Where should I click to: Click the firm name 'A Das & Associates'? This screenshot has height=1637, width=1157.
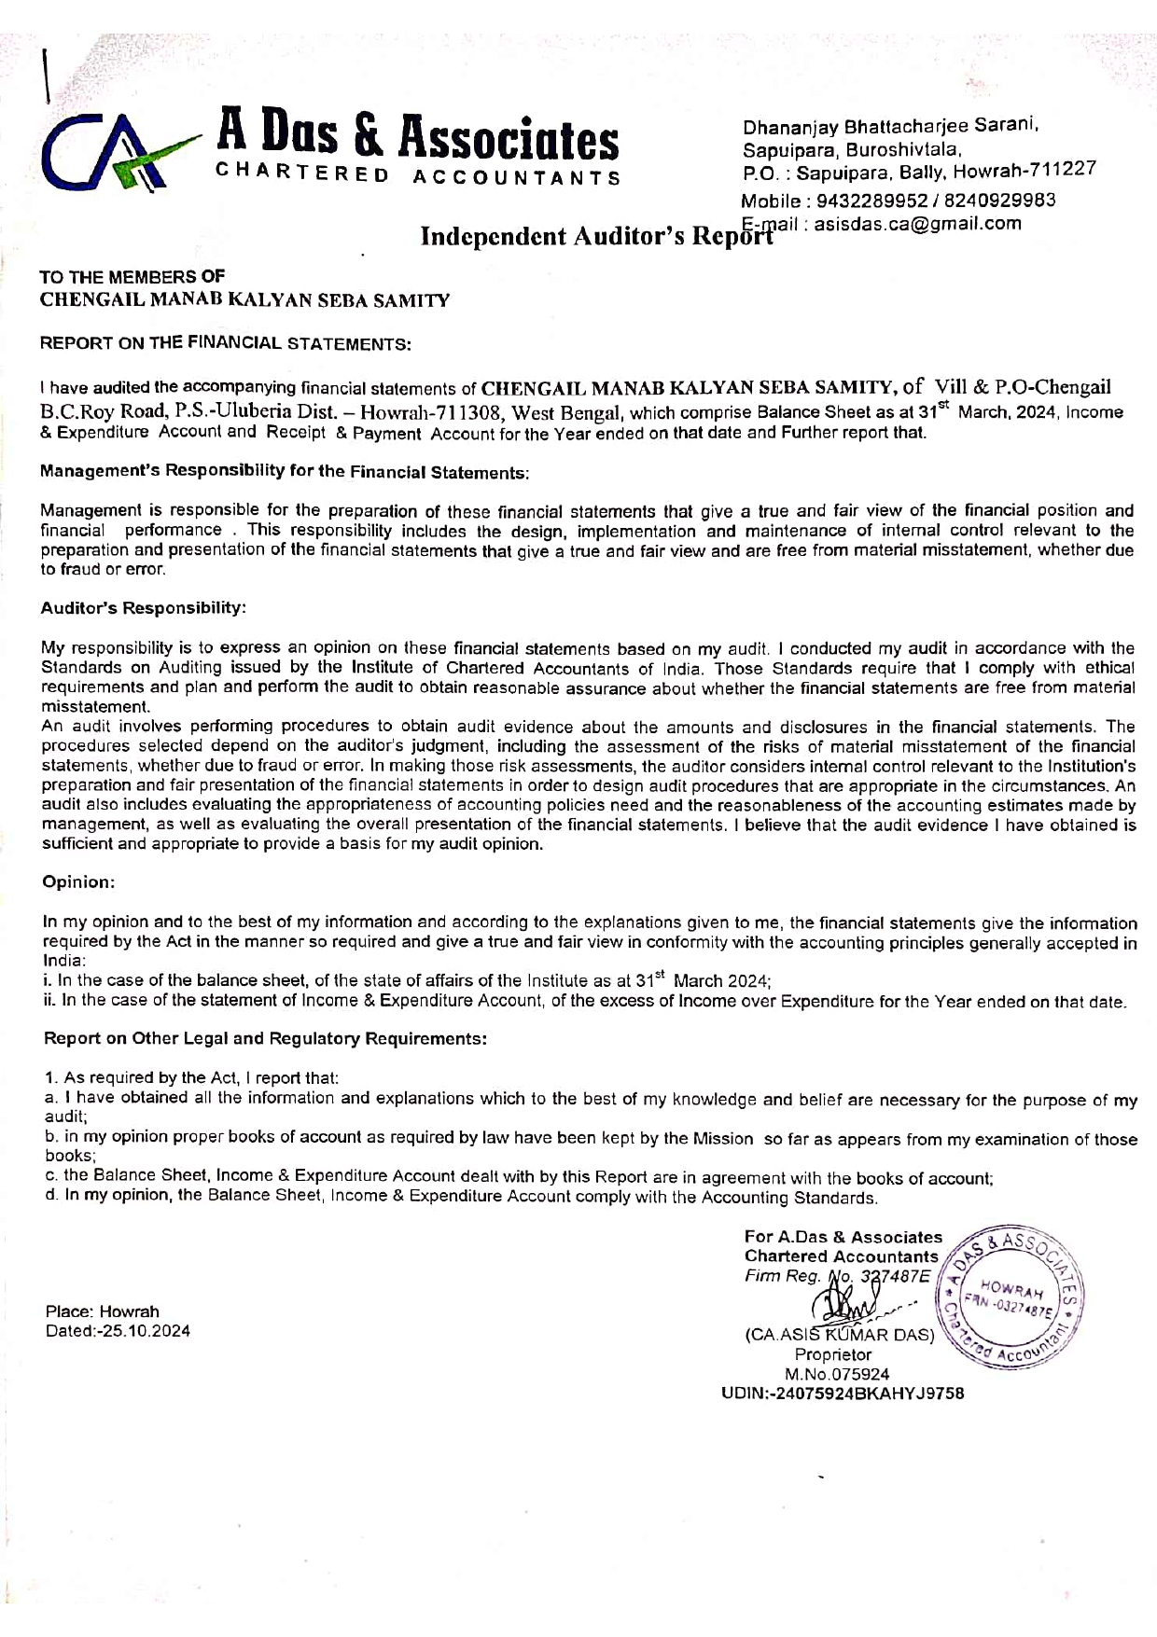click(417, 137)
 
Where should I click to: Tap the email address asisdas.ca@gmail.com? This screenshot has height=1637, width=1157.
click(918, 224)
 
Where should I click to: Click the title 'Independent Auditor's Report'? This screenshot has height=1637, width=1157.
click(597, 236)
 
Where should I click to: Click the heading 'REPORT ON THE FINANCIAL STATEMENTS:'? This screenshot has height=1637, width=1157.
click(225, 343)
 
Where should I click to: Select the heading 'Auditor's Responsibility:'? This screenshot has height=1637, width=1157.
click(144, 608)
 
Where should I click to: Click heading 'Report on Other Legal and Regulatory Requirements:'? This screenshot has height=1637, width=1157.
click(266, 1038)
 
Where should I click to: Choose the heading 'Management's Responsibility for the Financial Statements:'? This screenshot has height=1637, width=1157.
click(285, 471)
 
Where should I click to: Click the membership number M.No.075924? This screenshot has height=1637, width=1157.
click(837, 1374)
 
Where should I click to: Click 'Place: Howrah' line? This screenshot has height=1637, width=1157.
click(103, 1311)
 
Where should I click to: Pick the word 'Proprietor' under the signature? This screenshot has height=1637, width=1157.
click(833, 1354)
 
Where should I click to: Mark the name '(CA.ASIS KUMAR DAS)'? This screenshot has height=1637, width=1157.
click(839, 1335)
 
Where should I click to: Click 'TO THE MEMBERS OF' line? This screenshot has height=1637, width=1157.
click(132, 277)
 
